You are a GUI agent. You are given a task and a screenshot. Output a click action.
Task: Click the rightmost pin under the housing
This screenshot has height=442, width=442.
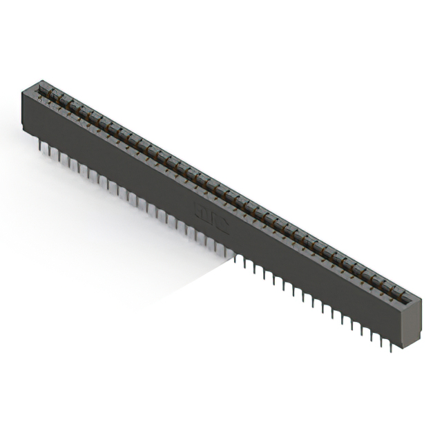click(x=391, y=345)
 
